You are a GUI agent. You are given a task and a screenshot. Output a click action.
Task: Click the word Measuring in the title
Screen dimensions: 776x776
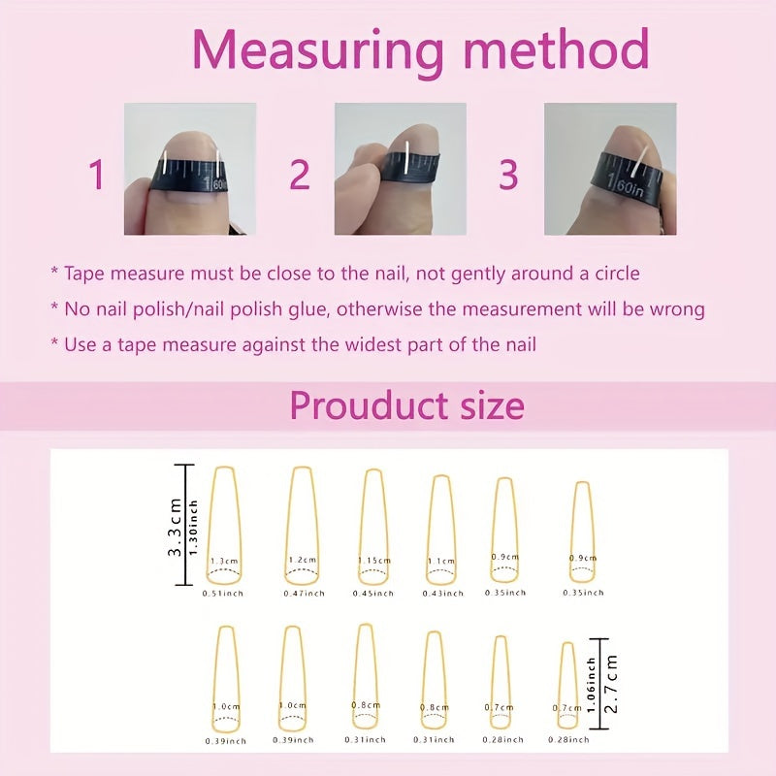(318, 51)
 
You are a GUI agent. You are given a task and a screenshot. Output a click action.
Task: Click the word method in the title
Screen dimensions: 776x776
(556, 49)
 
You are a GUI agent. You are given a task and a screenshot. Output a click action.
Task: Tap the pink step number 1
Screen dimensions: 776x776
(97, 175)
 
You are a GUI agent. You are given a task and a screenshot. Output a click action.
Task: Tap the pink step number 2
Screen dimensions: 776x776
(300, 175)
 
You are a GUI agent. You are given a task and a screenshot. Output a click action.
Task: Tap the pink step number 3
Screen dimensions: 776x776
(508, 175)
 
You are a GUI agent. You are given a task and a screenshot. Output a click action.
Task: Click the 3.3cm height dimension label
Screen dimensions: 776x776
(175, 527)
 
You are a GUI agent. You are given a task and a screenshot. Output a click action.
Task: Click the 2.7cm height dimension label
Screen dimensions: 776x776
(611, 684)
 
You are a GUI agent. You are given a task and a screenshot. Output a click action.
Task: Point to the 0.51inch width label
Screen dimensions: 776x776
(223, 594)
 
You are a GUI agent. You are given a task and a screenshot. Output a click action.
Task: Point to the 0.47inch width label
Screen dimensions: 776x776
(304, 594)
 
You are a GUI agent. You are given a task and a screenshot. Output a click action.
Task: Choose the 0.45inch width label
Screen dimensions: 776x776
(373, 594)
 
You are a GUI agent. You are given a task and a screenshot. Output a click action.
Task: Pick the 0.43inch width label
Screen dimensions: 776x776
(443, 594)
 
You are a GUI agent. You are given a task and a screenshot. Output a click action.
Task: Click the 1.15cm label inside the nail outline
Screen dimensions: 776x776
(374, 561)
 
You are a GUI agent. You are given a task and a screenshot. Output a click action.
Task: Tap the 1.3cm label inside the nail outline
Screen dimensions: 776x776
(224, 562)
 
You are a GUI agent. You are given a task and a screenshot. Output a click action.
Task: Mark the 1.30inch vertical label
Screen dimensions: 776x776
(193, 527)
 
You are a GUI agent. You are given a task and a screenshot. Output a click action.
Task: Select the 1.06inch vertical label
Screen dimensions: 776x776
(591, 685)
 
